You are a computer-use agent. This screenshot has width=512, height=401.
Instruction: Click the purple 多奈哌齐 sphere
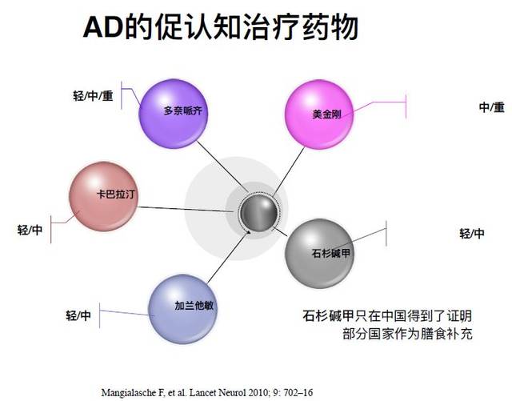tap(173, 114)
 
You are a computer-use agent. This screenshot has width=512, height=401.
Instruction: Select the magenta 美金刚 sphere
tap(319, 114)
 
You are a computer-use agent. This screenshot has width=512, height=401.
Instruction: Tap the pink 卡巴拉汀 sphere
tap(103, 196)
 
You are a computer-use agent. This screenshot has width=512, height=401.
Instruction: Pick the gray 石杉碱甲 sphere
tap(319, 254)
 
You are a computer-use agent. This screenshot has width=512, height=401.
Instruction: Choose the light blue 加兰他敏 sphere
tap(182, 309)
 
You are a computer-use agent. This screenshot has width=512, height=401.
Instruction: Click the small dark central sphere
tap(258, 213)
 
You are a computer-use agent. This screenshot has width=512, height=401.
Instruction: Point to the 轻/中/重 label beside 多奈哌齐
tap(93, 96)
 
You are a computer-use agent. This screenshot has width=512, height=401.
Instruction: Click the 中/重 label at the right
tap(492, 107)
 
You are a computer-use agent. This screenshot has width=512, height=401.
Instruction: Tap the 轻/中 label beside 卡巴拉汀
tap(30, 230)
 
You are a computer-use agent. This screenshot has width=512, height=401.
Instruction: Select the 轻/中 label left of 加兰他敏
tap(78, 315)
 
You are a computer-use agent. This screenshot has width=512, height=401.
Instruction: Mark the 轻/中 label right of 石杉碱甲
tap(472, 234)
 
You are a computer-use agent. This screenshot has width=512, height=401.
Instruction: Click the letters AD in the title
tap(103, 27)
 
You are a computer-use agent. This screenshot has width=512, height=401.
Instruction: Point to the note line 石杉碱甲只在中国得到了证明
tap(387, 316)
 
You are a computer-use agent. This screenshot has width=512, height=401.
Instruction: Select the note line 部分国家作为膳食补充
tap(407, 334)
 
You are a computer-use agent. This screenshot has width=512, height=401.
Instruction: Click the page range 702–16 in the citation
tap(298, 392)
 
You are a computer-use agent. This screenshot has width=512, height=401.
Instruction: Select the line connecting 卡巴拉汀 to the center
tap(186, 210)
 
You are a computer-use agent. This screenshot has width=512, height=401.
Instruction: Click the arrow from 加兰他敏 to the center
tap(229, 257)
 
